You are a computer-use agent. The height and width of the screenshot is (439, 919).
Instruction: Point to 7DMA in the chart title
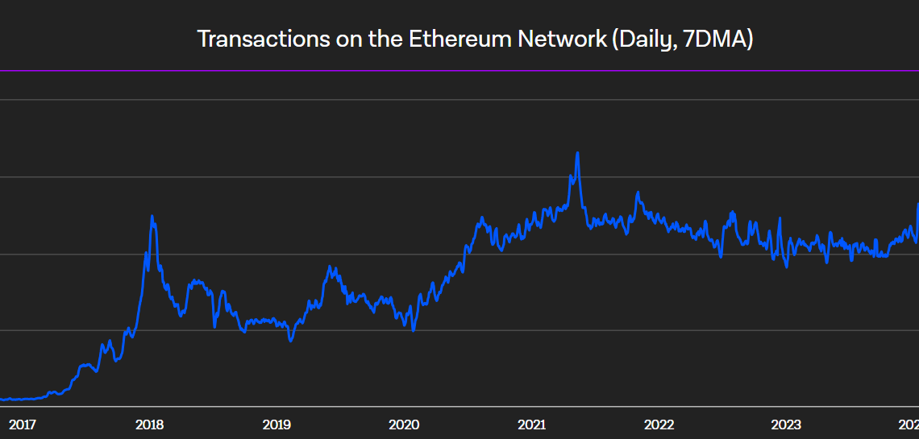point(715,39)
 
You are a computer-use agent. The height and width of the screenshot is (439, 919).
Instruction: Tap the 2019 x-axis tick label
point(276,425)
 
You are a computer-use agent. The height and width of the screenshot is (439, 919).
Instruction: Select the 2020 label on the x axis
point(403,425)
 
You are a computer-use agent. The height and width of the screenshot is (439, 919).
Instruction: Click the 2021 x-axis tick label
point(531,425)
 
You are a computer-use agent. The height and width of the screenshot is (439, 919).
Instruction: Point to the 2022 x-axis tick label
point(659,425)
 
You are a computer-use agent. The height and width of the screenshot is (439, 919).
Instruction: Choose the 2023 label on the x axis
point(786,425)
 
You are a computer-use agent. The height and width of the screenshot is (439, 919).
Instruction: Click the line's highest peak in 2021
point(577,152)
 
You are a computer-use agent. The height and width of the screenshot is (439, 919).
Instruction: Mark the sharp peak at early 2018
point(152,216)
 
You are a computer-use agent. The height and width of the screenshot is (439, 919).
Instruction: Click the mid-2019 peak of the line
point(330,266)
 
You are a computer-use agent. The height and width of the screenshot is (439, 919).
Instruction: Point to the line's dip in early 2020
point(413,330)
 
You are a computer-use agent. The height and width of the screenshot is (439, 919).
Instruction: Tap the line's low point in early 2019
point(291,341)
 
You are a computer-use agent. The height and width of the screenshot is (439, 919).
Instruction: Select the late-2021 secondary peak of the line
point(638,193)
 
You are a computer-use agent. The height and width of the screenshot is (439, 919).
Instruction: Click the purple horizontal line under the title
point(459,71)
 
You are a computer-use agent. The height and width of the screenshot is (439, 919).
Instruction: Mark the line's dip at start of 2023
point(786,267)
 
